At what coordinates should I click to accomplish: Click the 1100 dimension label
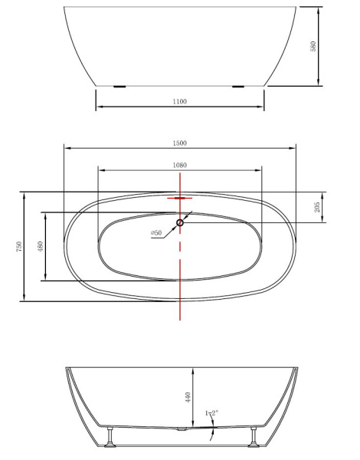click(180, 101)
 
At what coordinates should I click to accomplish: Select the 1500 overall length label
click(180, 143)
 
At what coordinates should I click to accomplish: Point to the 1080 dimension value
click(180, 165)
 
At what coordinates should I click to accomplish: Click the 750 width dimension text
click(18, 246)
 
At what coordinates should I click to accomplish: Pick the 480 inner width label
click(41, 246)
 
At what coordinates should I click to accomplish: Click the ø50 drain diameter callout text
click(155, 232)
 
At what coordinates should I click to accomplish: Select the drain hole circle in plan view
click(180, 223)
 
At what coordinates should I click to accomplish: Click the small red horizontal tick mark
click(180, 198)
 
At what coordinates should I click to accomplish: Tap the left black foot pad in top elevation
click(120, 87)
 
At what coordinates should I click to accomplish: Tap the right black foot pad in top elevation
click(239, 87)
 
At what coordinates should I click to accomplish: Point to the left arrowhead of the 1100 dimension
click(98, 108)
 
